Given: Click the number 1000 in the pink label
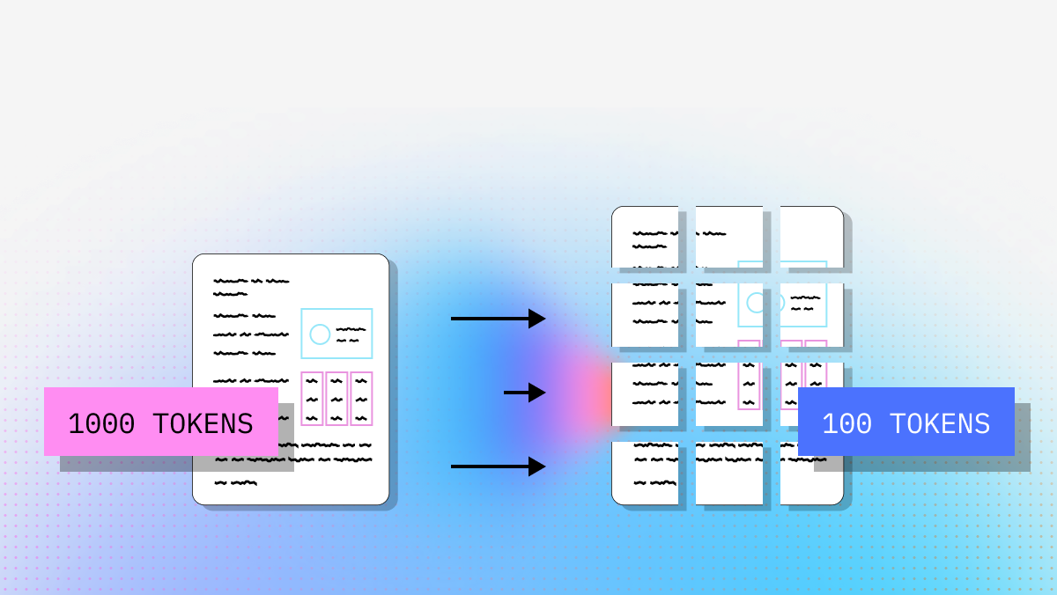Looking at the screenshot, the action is point(101,424).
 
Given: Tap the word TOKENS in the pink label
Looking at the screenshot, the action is point(203,424).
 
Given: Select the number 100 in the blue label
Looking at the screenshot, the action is point(846,424).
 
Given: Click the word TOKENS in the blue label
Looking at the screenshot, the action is point(940,424).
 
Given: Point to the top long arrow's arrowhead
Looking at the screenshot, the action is point(536,319).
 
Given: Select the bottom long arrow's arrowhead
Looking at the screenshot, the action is point(536,466).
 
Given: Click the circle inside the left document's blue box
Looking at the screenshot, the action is point(320,334).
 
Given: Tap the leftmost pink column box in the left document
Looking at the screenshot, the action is point(312,399).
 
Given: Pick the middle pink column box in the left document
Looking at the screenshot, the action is point(336,399).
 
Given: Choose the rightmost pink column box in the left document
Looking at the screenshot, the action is point(361,399).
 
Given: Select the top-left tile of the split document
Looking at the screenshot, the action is point(645,237).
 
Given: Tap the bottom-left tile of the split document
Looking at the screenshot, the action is point(645,473).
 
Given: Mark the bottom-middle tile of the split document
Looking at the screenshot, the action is point(729,473).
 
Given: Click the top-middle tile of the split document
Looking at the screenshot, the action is point(729,237).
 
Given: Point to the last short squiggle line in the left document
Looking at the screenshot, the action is point(235,482).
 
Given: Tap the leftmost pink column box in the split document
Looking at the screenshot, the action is point(749,375).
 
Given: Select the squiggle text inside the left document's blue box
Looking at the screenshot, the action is point(350,334).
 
